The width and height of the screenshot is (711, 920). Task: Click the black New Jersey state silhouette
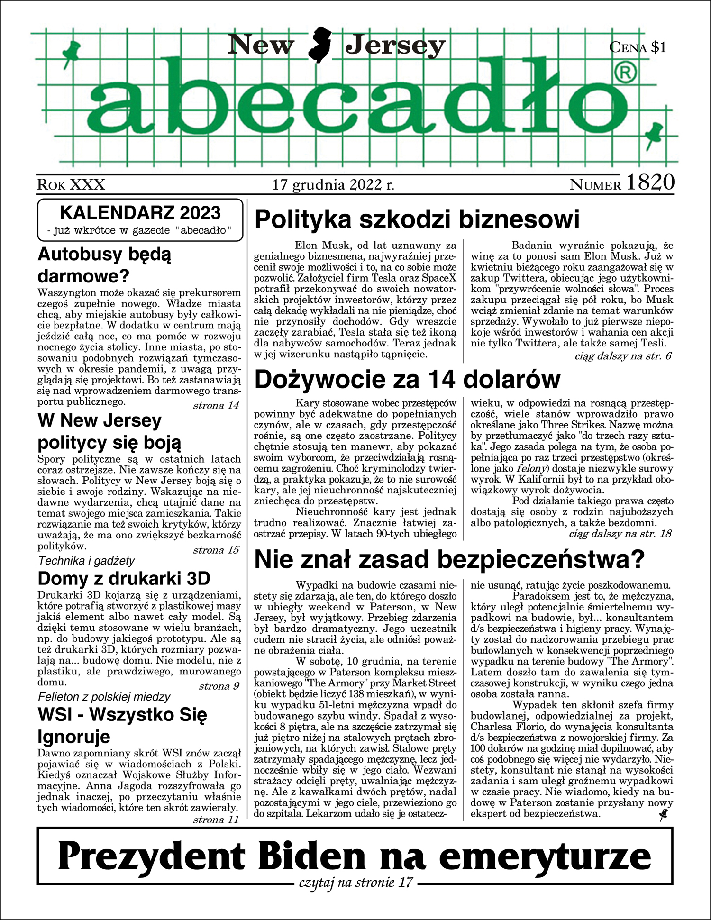tap(319, 45)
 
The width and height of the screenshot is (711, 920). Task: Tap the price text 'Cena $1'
tap(638, 47)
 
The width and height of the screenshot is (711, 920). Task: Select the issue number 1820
tap(650, 182)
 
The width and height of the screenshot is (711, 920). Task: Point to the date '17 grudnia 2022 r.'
tap(333, 184)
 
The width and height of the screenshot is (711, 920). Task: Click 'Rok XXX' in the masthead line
tap(71, 184)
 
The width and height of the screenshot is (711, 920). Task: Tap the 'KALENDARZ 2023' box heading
tap(140, 213)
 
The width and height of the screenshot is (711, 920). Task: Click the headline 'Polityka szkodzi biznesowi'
tap(417, 219)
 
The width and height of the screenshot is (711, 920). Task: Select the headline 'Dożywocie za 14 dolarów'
tap(407, 379)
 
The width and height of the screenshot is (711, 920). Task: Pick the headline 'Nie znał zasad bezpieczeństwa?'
tap(449, 559)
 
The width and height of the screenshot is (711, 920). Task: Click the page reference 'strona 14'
tap(216, 406)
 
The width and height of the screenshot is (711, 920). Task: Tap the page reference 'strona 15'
tap(216, 550)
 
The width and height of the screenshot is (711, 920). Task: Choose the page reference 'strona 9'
tap(219, 686)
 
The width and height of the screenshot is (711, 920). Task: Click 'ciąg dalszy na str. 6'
tap(623, 356)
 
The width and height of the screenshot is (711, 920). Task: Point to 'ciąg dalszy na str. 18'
tap(620, 534)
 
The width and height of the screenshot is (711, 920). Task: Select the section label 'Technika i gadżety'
tap(86, 561)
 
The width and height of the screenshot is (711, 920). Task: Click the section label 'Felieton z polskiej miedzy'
tap(104, 697)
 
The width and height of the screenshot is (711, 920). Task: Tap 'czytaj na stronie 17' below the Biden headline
tap(355, 883)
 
